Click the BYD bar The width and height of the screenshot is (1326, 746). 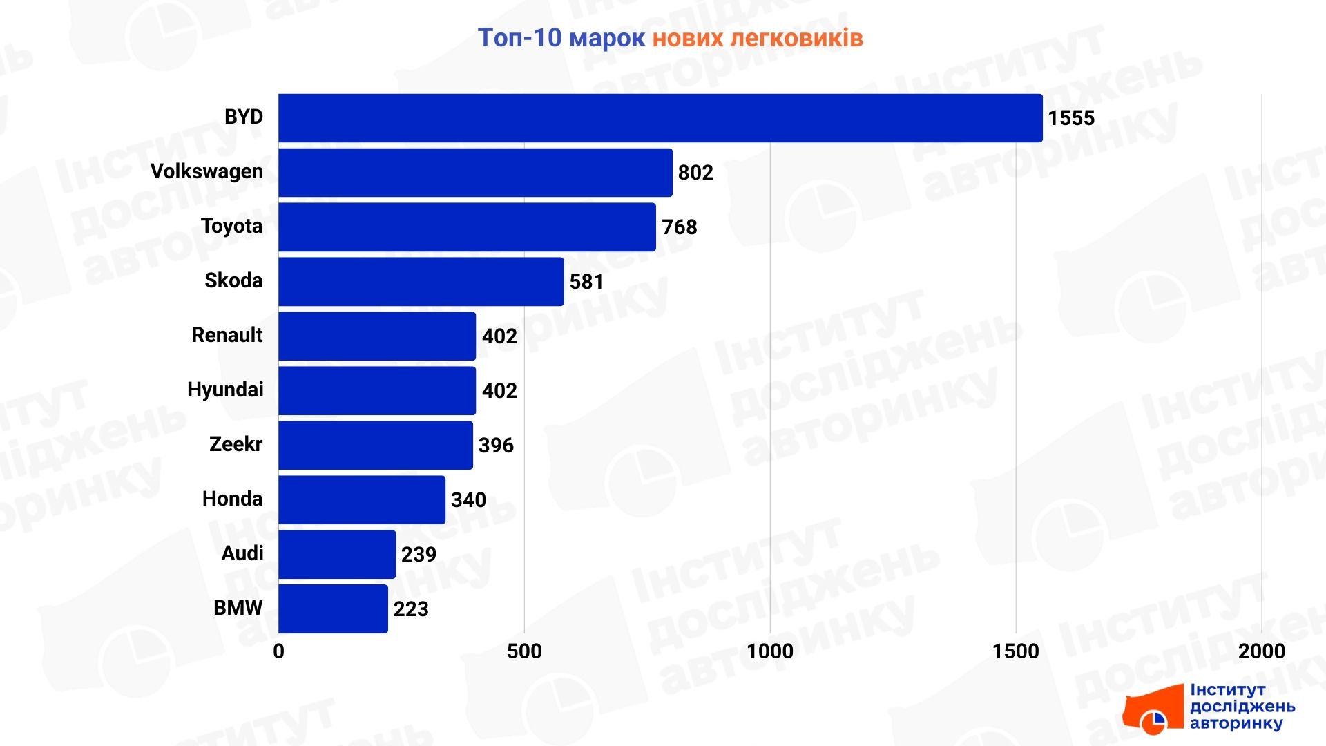(660, 118)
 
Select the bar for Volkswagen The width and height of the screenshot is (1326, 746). (475, 173)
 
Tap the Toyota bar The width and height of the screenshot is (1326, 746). (467, 227)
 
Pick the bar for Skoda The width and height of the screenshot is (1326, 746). (421, 282)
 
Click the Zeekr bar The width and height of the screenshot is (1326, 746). (376, 446)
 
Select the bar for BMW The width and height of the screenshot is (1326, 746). (333, 609)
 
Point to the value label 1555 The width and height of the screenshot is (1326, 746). (1071, 118)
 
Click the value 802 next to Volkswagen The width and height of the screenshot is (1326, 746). (695, 173)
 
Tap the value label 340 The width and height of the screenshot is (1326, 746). (468, 500)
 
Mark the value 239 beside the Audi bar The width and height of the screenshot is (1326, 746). (419, 555)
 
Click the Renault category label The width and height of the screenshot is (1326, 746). (227, 335)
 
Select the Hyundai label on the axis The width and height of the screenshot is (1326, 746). (225, 390)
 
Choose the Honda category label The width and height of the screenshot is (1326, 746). (232, 499)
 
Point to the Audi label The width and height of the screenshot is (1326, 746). (242, 553)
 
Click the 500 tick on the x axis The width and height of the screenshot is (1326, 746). (524, 651)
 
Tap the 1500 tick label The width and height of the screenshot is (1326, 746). (1015, 651)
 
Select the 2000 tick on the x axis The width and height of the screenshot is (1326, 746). (1261, 651)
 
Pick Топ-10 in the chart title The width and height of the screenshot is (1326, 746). (519, 38)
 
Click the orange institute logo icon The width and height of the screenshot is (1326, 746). (1152, 712)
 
